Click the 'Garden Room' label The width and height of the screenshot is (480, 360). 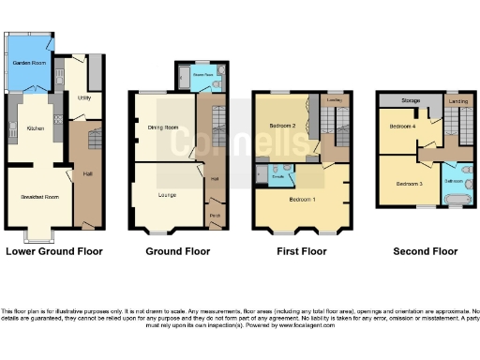point(29,63)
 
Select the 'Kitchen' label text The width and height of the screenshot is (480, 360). point(36,127)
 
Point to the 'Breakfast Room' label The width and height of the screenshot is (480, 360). point(34,197)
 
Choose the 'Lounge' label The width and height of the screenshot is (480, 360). point(166,197)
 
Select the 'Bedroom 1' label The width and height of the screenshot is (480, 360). point(302,201)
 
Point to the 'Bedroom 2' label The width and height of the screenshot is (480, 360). point(282,126)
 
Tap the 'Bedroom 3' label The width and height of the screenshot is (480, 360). point(409,184)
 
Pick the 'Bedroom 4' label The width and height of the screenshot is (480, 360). point(402,125)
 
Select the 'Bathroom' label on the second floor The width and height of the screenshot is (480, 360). point(454,179)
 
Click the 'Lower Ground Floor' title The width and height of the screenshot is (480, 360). point(53,251)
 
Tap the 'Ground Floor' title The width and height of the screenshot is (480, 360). point(178,251)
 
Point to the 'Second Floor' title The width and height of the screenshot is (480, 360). point(425,251)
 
